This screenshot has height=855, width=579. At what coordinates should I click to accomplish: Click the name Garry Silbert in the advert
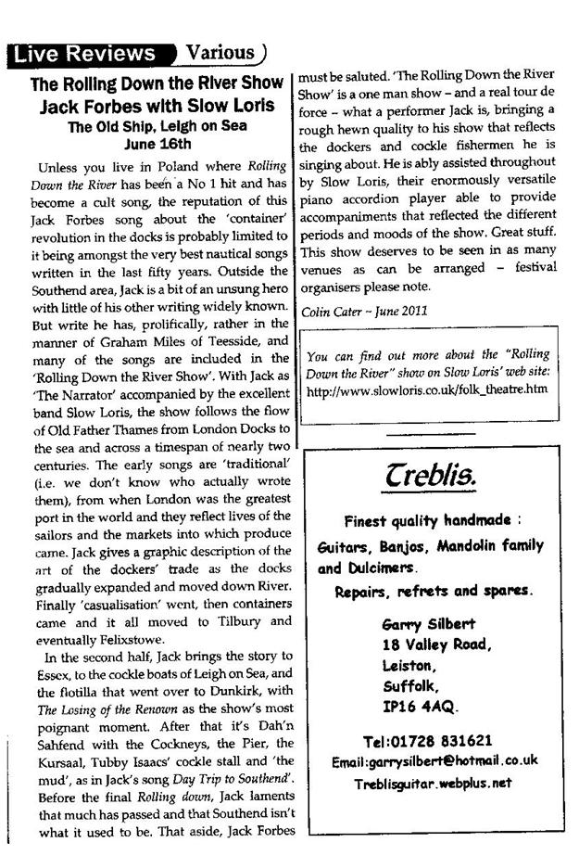(426, 623)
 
